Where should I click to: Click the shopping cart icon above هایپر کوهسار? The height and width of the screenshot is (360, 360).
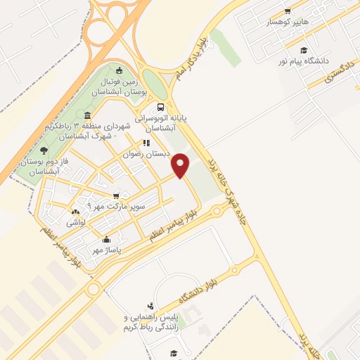287,11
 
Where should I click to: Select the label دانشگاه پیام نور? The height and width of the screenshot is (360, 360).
304,61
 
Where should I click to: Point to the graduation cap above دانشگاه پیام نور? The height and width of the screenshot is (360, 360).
303,50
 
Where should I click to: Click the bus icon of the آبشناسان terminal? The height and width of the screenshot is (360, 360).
162,108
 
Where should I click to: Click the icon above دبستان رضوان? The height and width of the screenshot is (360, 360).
147,143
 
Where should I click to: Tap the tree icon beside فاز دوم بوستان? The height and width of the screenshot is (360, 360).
44,149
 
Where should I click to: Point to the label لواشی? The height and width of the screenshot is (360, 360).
77,222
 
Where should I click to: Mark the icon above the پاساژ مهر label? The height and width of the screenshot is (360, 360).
105,238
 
